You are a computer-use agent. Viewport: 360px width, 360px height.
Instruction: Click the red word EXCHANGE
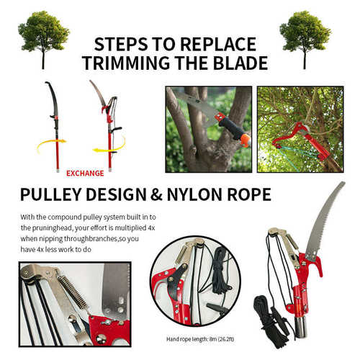click(85, 174)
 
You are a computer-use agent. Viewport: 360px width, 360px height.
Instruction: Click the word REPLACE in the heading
click(218, 44)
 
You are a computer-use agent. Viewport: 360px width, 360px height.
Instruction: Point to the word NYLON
click(194, 194)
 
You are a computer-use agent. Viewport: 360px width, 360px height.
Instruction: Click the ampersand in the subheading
click(157, 194)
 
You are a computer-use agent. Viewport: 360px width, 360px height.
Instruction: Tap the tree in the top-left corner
click(43, 40)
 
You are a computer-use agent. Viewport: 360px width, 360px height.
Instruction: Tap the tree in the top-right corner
click(305, 40)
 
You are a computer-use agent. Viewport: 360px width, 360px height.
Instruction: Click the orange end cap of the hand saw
click(246, 140)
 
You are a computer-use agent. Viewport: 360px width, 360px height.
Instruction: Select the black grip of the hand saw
click(230, 129)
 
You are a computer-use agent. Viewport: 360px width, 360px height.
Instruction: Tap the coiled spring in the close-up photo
click(73, 292)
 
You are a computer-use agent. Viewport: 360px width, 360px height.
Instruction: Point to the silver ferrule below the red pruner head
click(301, 326)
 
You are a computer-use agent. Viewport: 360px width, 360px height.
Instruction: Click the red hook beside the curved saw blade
click(318, 266)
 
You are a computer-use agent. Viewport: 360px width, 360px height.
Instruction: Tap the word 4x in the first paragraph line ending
click(150, 228)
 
